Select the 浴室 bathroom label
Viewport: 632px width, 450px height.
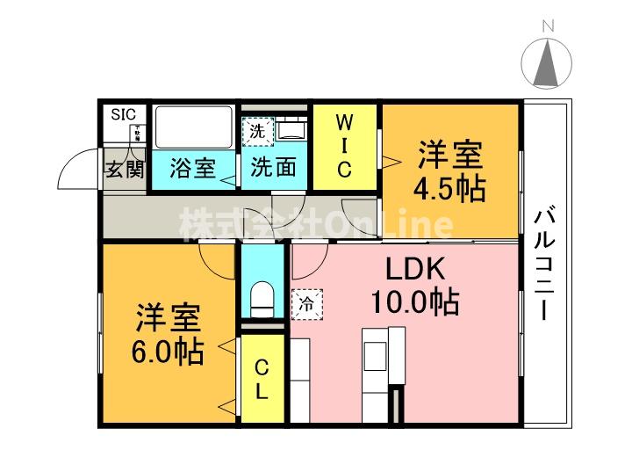[x=192, y=168]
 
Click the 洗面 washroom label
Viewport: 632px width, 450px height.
[x=273, y=168]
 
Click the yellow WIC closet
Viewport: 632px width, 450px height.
[x=344, y=146]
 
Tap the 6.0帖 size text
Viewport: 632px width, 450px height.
[x=169, y=352]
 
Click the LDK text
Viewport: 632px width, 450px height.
[x=413, y=269]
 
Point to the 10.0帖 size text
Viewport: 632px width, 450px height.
[x=413, y=303]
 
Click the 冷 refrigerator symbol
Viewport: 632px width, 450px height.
[x=307, y=304]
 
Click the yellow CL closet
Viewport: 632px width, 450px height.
[x=262, y=379]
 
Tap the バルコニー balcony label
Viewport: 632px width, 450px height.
[x=547, y=263]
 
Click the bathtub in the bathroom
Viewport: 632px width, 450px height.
[x=193, y=127]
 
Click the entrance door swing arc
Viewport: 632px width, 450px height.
[x=75, y=171]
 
